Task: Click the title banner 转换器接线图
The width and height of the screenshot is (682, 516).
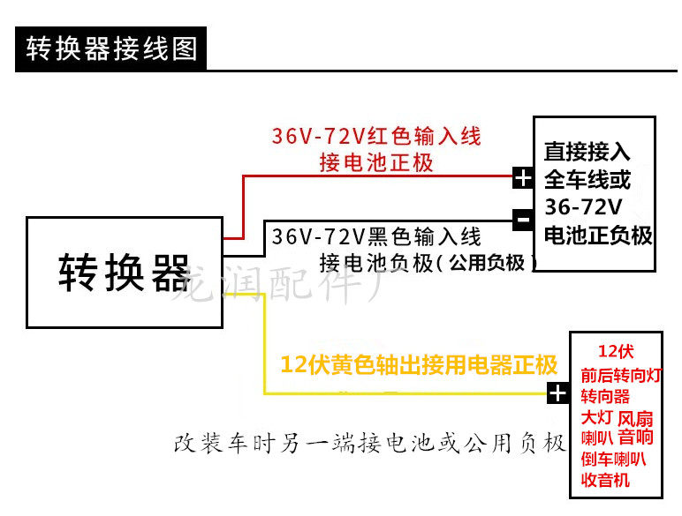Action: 111,48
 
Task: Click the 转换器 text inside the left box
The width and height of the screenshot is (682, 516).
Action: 124,273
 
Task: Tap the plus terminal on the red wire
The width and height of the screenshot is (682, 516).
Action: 523,178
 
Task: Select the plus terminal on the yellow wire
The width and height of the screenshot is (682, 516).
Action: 557,393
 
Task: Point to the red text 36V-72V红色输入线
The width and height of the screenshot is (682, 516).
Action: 376,137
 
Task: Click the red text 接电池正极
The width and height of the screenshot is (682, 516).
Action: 376,163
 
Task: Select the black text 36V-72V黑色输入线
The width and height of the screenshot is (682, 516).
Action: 376,236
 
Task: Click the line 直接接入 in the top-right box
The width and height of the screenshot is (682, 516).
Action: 587,152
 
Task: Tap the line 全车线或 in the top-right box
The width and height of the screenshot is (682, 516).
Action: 587,179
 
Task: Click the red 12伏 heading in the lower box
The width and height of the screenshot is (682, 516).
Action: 616,350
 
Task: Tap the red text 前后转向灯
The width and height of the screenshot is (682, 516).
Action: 621,376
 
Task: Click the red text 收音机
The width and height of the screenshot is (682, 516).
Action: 605,480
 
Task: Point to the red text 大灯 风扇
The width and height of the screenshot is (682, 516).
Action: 617,417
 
